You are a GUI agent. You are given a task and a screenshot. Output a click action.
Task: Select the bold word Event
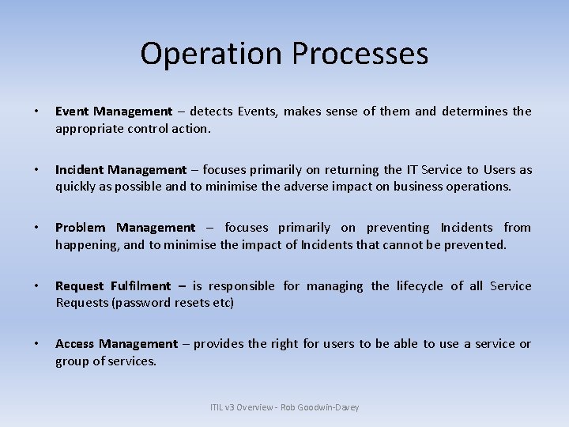point(71,111)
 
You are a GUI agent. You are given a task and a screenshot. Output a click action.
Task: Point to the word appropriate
point(89,128)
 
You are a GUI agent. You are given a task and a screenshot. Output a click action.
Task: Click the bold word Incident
point(79,170)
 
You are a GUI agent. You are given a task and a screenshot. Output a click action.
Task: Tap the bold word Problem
point(81,228)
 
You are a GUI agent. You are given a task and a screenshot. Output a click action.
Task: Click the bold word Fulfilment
point(141,286)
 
